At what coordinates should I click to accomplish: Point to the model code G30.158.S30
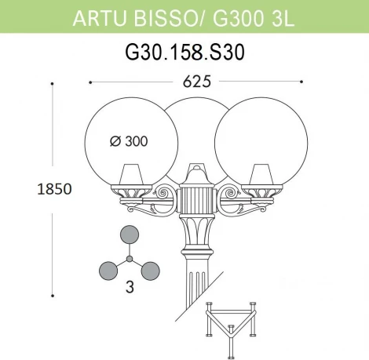pyautogui.click(x=185, y=54)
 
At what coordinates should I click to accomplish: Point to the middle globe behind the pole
pyautogui.click(x=194, y=125)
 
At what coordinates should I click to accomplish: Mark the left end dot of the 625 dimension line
pyautogui.click(x=91, y=81)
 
